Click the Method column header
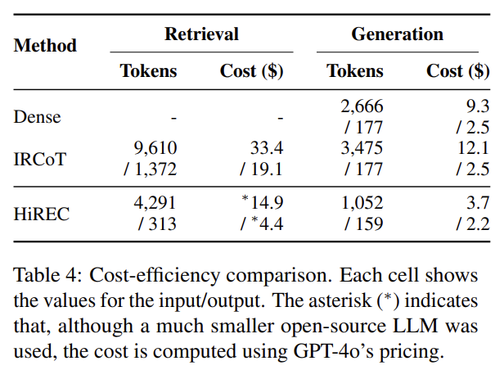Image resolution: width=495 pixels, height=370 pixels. point(45,46)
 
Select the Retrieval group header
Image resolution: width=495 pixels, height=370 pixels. point(201,34)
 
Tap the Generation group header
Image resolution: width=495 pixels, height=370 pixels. point(398,34)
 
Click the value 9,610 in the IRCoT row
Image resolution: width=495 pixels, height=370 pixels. point(155,147)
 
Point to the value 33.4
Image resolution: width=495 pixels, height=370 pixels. point(267,147)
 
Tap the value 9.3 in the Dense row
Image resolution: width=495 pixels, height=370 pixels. point(477,106)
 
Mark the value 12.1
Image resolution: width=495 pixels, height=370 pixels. point(474,147)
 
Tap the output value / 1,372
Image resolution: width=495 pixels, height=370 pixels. point(149,169)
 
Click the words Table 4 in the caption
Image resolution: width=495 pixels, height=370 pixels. point(43,273)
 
